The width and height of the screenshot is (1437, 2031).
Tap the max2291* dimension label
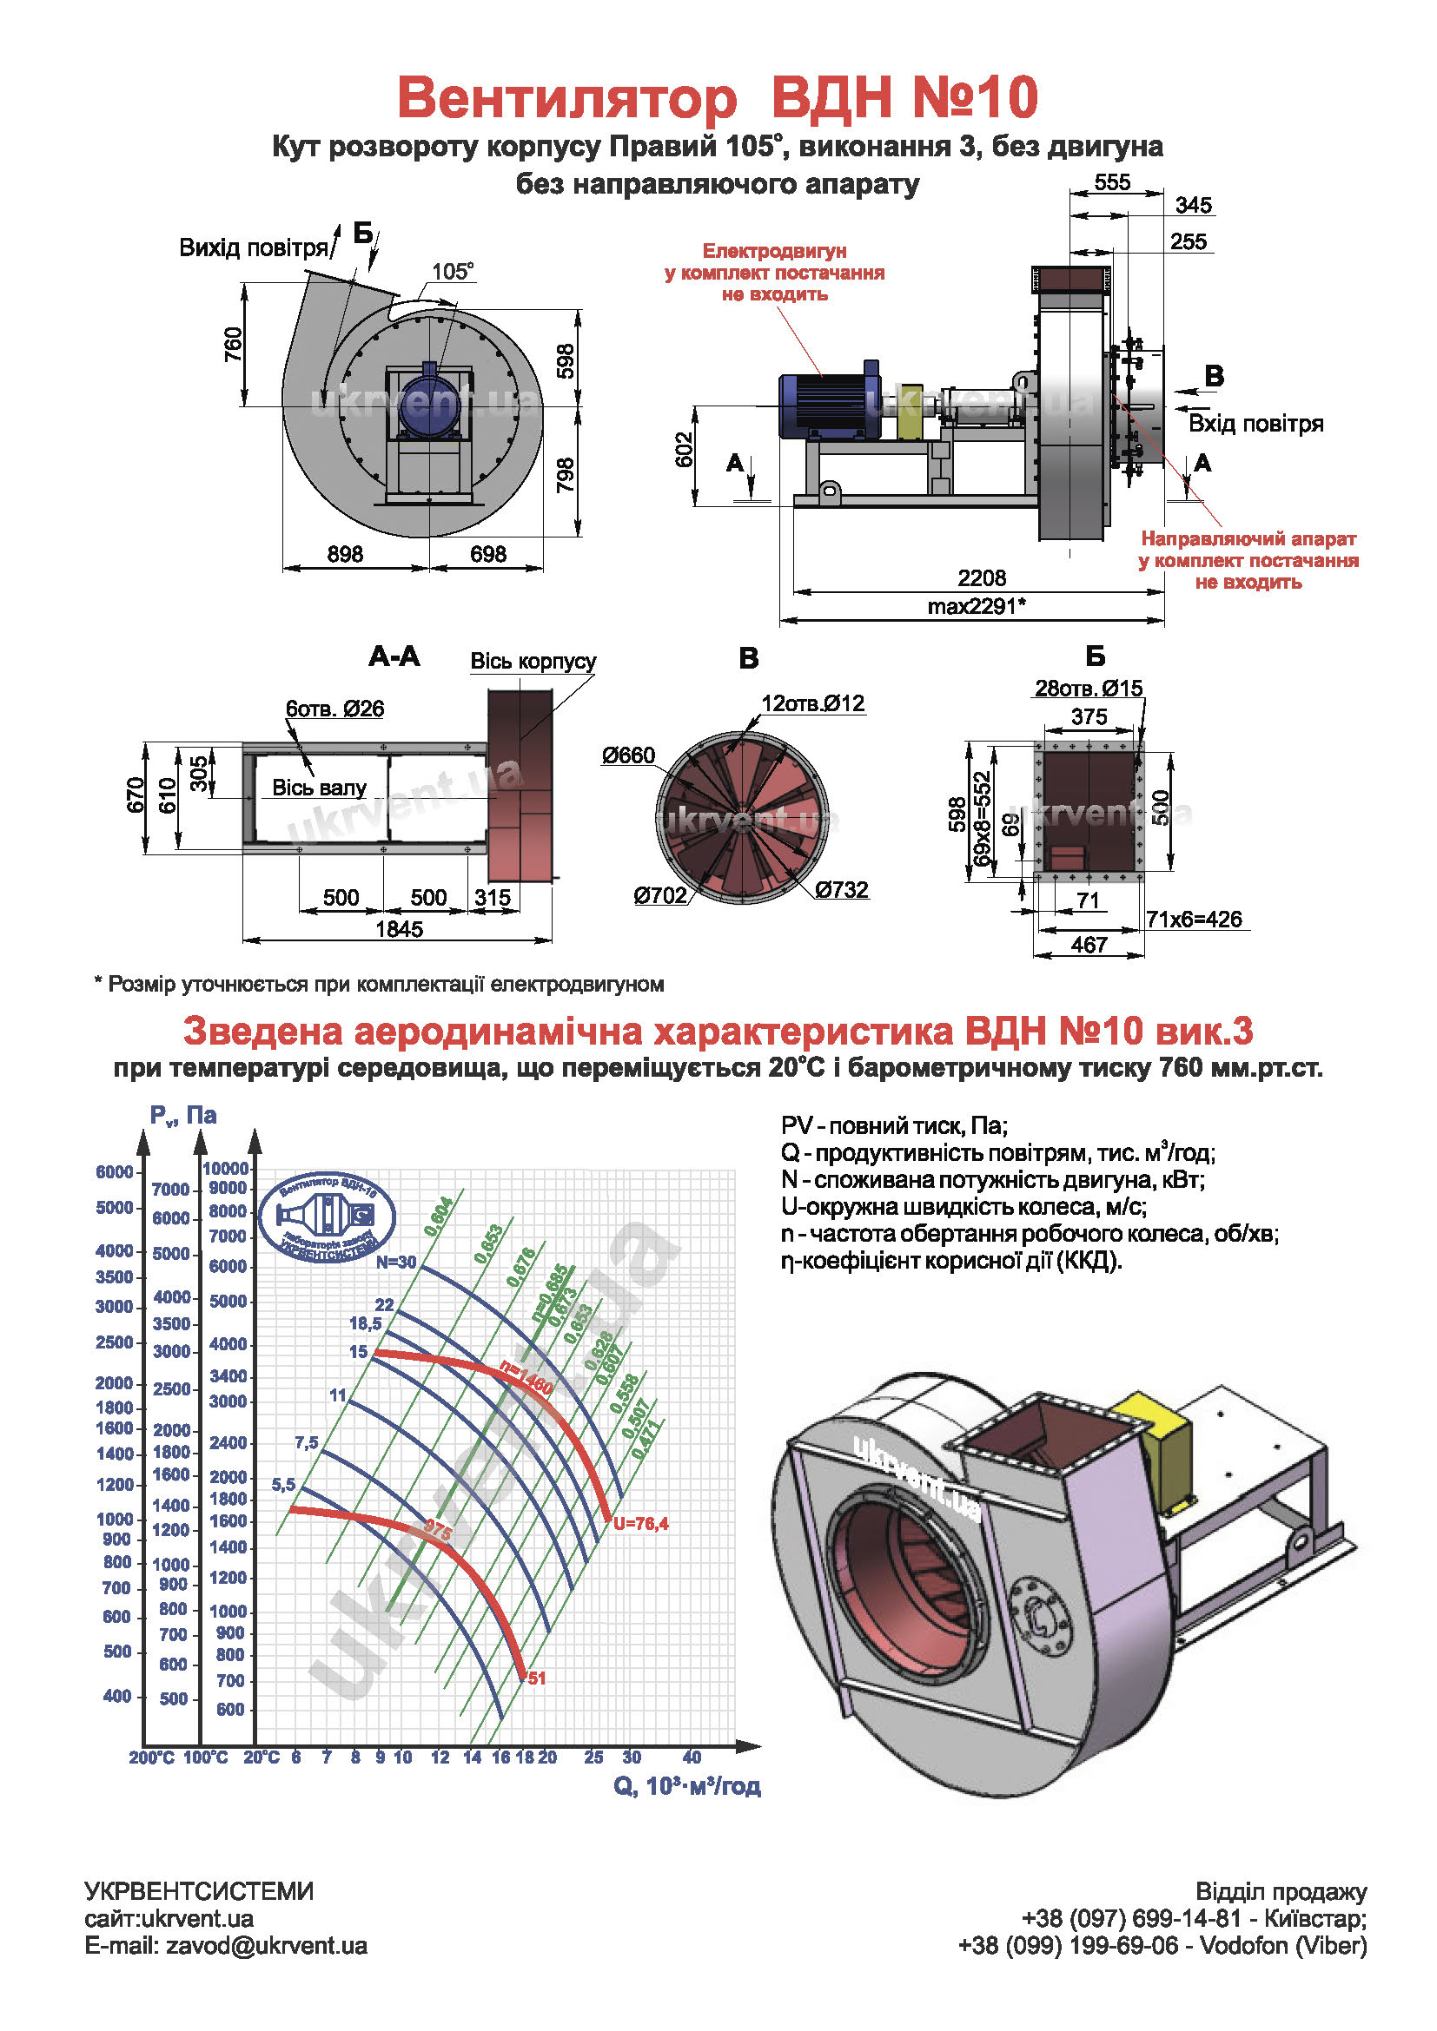tap(976, 606)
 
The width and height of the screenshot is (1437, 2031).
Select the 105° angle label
tap(452, 271)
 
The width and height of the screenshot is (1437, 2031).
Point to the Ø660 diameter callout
tap(628, 755)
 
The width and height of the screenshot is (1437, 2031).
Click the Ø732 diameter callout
tap(842, 890)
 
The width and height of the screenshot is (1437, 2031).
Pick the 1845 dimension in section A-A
tap(399, 929)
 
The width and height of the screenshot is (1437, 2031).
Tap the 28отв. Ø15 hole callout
tap(1089, 689)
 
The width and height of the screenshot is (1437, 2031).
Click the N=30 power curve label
tap(395, 1263)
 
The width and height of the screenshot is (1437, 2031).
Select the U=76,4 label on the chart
tap(640, 1523)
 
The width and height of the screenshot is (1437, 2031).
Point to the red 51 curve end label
tap(536, 1678)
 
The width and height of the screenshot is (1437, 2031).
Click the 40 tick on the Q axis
tap(692, 1757)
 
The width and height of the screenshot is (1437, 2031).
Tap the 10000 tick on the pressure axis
tap(226, 1169)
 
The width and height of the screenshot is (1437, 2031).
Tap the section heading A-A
tap(394, 656)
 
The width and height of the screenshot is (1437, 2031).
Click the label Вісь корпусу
tap(533, 662)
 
